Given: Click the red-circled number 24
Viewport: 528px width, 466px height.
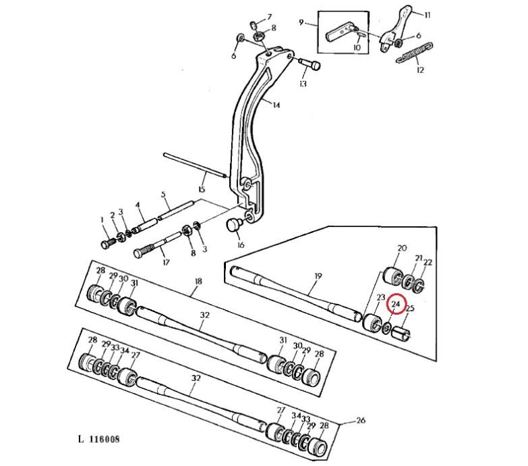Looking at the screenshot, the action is [x=396, y=304].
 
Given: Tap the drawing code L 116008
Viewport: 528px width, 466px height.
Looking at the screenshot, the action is [x=99, y=439].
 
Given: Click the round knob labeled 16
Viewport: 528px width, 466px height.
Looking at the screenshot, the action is [x=233, y=225].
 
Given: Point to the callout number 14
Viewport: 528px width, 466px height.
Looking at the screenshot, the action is [x=276, y=105].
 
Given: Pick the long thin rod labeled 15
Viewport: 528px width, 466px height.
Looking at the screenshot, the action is [x=196, y=165].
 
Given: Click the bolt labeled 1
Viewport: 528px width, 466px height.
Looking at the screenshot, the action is [x=109, y=242].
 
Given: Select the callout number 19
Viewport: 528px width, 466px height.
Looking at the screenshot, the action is [x=318, y=276].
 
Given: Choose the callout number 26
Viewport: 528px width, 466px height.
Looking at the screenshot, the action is [x=361, y=420].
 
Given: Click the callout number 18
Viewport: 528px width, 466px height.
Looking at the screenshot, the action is [x=198, y=281].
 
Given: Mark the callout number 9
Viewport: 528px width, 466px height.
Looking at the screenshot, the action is [x=301, y=22].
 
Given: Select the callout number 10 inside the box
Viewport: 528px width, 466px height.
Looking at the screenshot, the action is [x=357, y=47].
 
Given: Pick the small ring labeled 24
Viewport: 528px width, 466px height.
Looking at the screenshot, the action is [x=387, y=327].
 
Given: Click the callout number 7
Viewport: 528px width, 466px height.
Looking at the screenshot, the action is [x=269, y=17].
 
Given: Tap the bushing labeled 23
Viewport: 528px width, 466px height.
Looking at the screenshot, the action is [x=372, y=323].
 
